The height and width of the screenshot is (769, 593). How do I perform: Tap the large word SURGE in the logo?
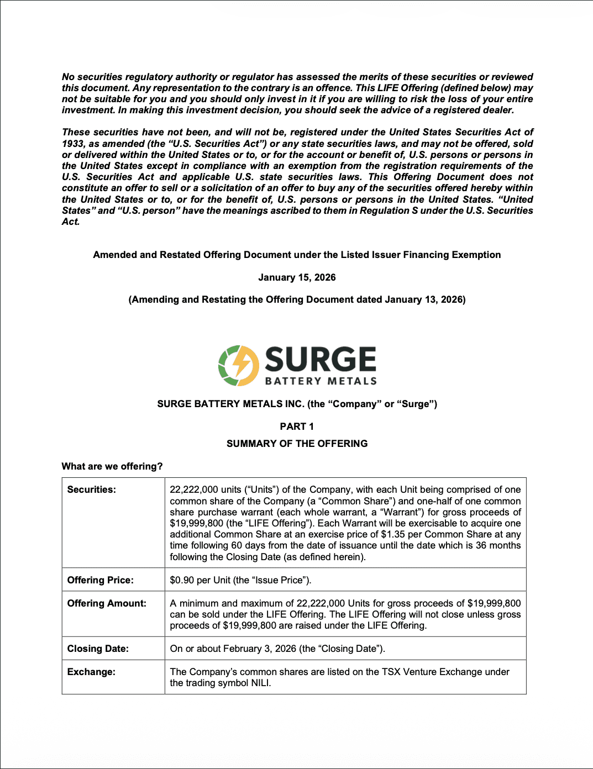(321, 360)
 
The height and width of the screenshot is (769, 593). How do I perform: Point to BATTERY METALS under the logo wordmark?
(321, 381)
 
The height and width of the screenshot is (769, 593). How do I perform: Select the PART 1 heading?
(297, 426)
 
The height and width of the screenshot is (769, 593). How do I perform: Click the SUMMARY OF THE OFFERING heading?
(297, 444)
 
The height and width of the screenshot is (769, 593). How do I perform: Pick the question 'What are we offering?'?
(112, 466)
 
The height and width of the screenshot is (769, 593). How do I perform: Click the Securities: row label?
(92, 489)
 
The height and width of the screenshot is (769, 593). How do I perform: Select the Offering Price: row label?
(101, 580)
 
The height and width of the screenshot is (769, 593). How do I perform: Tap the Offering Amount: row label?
(107, 603)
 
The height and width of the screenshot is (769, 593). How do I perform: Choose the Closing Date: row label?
(98, 649)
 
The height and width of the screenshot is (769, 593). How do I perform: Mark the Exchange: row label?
(91, 672)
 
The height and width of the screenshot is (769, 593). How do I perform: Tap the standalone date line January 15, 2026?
(297, 277)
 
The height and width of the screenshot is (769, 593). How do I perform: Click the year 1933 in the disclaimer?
(72, 144)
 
